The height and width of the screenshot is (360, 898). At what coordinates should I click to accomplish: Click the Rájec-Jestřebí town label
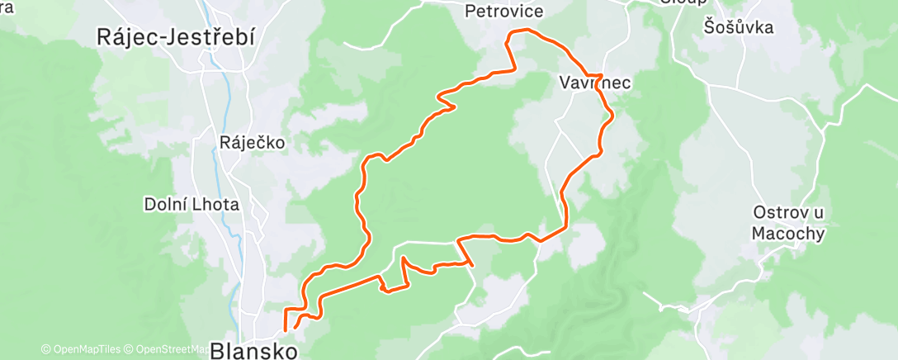pyautogui.click(x=175, y=37)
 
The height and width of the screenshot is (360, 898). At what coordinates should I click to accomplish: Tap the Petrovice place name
pyautogui.click(x=503, y=12)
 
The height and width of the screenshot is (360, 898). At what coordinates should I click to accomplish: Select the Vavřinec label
pyautogui.click(x=594, y=83)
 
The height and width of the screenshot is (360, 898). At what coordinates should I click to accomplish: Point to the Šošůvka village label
pyautogui.click(x=739, y=27)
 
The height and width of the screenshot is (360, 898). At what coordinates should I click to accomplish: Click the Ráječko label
pyautogui.click(x=252, y=142)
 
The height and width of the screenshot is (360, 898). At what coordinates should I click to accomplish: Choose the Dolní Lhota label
pyautogui.click(x=191, y=204)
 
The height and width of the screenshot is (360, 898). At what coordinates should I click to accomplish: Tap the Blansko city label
pyautogui.click(x=253, y=351)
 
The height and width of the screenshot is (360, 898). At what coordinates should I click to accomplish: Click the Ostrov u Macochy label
pyautogui.click(x=788, y=223)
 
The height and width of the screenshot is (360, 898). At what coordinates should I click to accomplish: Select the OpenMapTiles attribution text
pyautogui.click(x=85, y=349)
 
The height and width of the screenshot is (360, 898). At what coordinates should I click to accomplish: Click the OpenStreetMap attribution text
pyautogui.click(x=169, y=349)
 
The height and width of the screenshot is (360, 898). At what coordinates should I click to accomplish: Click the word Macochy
pyautogui.click(x=788, y=234)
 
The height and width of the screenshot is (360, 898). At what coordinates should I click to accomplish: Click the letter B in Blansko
pyautogui.click(x=218, y=351)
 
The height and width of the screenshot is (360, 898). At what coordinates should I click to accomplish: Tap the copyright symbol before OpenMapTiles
pyautogui.click(x=46, y=349)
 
